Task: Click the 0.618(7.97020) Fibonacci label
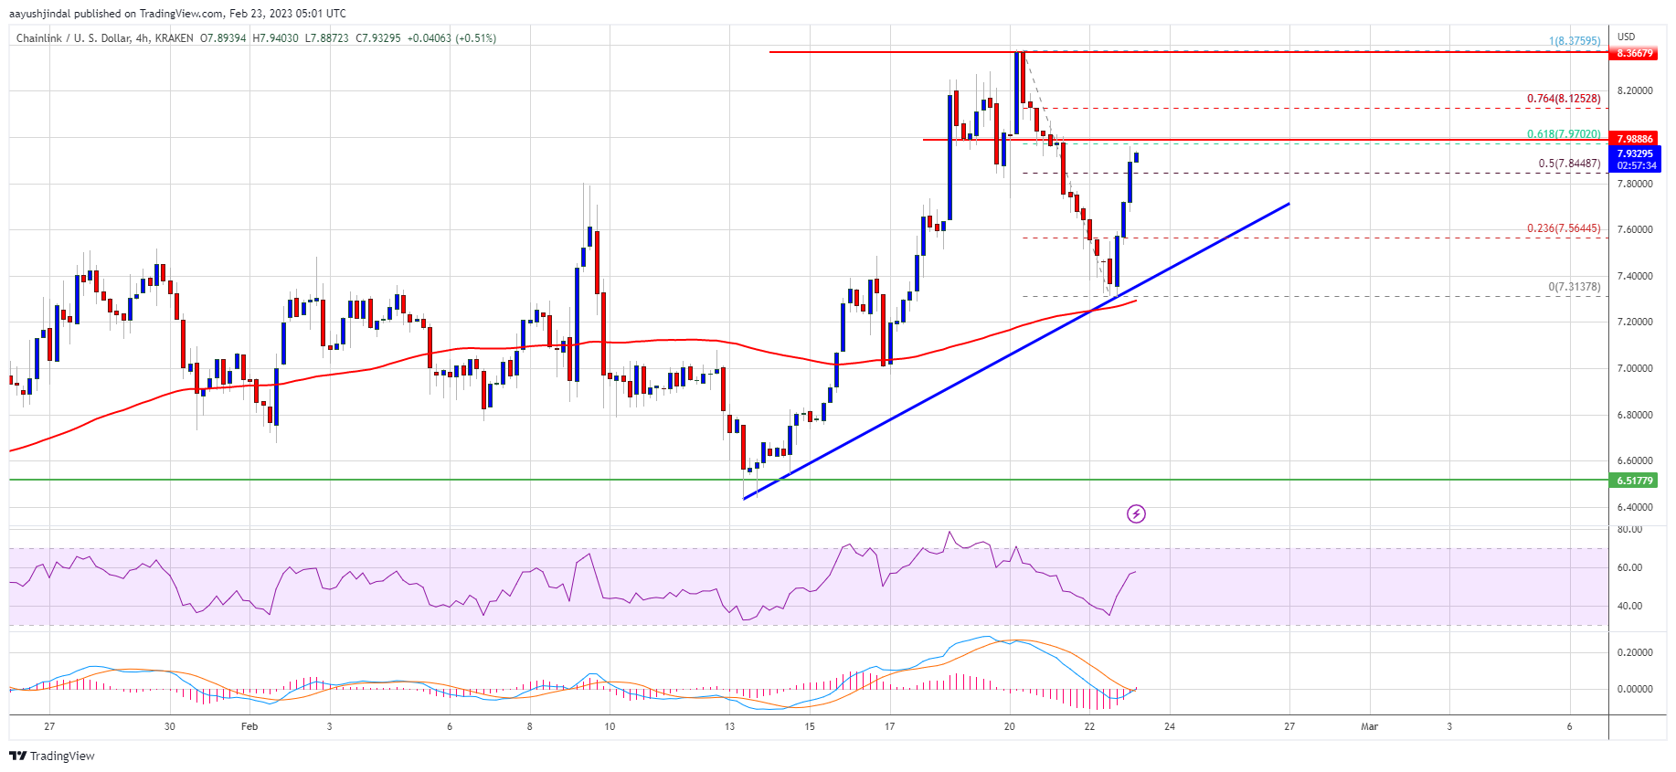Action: click(x=1564, y=134)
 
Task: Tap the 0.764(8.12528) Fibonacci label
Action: click(x=1564, y=99)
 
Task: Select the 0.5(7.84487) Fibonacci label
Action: click(x=1569, y=164)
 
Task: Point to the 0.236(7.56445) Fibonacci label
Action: click(x=1564, y=228)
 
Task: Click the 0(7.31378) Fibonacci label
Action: click(x=1574, y=287)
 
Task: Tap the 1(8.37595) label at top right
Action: click(x=1574, y=41)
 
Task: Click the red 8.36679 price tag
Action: click(x=1634, y=53)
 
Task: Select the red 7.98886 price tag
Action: click(x=1634, y=139)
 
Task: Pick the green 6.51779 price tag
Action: click(x=1634, y=481)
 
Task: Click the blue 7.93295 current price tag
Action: click(x=1634, y=153)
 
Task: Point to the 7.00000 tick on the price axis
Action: click(x=1634, y=368)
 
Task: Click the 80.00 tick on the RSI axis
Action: click(x=1629, y=530)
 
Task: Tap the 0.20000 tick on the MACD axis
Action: click(x=1634, y=652)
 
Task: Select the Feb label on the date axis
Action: click(x=249, y=727)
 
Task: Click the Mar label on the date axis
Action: click(x=1369, y=727)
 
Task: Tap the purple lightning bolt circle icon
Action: click(x=1136, y=514)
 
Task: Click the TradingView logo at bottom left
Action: click(x=52, y=756)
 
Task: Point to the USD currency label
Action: click(x=1626, y=37)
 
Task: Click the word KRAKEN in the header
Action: click(x=174, y=38)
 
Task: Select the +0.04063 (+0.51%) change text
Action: click(x=451, y=38)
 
